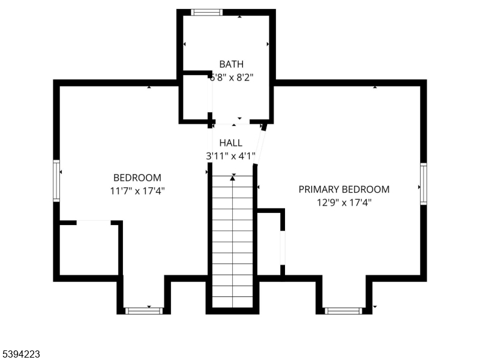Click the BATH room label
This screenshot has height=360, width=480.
(x=231, y=64)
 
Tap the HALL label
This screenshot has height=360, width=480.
(x=231, y=143)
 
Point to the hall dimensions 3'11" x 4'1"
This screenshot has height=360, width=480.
(x=231, y=156)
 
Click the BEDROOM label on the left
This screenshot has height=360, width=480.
(x=137, y=178)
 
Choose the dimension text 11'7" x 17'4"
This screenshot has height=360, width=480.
(x=137, y=191)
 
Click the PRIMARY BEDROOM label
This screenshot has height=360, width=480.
(x=344, y=189)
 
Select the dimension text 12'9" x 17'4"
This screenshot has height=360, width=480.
(x=344, y=202)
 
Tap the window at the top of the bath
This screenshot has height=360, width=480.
(x=207, y=12)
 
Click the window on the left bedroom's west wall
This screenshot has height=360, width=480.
(x=56, y=181)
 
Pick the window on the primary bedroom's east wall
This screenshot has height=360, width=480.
(x=423, y=184)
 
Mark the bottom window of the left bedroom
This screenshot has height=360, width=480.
(x=144, y=310)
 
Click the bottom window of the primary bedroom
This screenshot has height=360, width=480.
(x=343, y=310)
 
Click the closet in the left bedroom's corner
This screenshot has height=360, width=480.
(x=89, y=249)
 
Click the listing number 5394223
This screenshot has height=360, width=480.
(x=21, y=355)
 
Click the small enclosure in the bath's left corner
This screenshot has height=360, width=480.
(x=196, y=97)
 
